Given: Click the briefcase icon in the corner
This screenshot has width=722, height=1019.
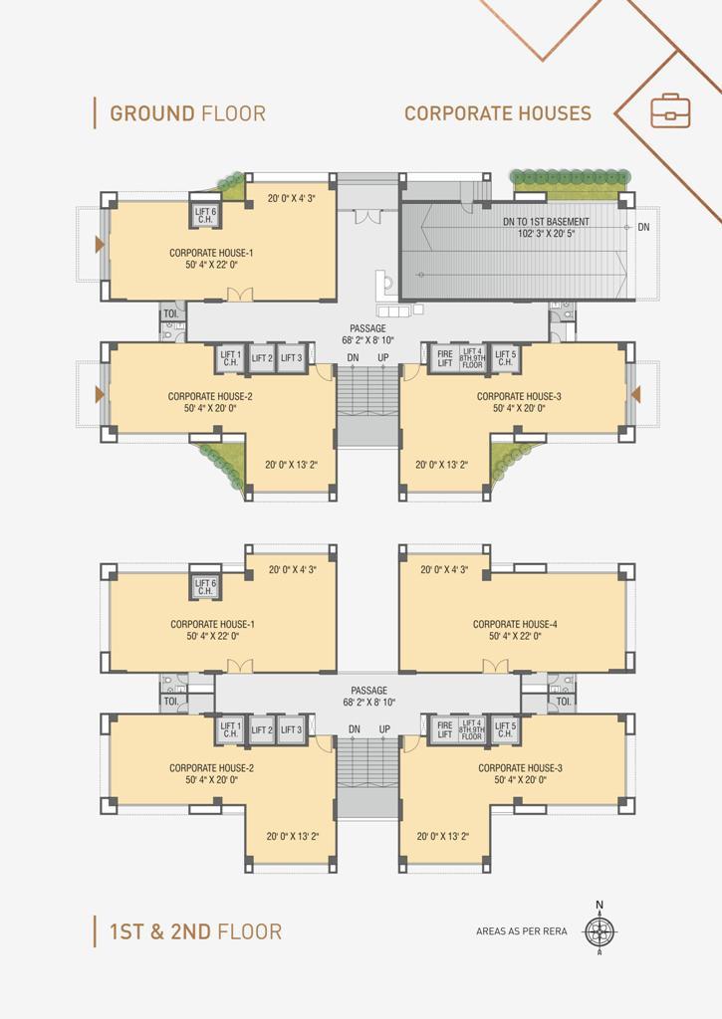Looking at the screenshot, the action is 670,111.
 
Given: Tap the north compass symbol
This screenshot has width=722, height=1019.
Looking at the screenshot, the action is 600,930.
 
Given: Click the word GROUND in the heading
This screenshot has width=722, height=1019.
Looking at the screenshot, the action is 152,113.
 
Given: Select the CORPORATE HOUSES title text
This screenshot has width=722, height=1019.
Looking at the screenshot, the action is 498,113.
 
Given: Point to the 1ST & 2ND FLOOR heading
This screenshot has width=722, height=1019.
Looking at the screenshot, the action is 196,931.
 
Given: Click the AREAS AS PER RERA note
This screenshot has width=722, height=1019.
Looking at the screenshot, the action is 521,931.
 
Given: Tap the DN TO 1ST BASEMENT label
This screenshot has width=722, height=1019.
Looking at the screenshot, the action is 546,222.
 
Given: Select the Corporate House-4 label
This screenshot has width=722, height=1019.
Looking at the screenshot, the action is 515,624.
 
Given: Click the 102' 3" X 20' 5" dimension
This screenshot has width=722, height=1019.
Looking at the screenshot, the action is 546,233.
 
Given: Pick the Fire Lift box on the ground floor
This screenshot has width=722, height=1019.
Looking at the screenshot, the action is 445,358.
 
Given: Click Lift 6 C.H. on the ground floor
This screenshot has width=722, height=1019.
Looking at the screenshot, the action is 205,216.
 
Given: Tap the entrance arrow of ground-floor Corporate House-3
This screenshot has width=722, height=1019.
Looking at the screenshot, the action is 635,394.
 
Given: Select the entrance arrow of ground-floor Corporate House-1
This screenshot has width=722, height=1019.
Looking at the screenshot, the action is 101,245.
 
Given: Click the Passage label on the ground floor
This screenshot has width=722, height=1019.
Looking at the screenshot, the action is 368,328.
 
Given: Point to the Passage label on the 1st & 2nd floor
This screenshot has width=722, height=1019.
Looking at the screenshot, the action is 368,691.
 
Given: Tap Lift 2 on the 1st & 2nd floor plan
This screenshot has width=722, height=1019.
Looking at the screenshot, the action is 262,729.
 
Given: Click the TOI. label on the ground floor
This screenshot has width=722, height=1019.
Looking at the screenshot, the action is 170,313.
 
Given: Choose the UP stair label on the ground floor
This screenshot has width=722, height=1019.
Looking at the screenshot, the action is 383,357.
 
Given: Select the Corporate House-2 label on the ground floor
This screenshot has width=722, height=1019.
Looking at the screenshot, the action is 210,396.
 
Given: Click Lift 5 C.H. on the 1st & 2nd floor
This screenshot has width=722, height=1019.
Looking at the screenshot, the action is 506,729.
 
